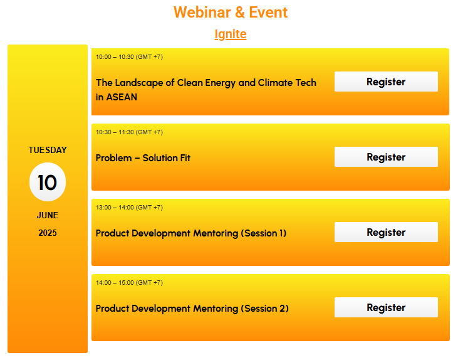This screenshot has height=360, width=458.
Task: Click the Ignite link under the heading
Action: (231, 34)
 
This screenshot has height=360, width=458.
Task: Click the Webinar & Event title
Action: (231, 13)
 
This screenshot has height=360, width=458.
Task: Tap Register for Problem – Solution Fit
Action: (386, 157)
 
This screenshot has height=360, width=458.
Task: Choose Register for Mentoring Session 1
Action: (386, 232)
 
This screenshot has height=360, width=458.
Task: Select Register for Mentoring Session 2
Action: (386, 307)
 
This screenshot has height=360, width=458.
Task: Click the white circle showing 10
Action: (48, 182)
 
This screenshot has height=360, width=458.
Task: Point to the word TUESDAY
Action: (48, 150)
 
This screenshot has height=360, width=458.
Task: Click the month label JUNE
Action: (48, 215)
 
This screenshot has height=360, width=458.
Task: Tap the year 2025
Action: (48, 233)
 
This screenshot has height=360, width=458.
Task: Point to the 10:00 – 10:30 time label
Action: (129, 57)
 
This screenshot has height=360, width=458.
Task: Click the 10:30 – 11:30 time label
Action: (129, 132)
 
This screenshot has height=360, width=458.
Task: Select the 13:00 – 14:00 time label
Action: (129, 208)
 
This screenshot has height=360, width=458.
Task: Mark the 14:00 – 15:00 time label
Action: (129, 283)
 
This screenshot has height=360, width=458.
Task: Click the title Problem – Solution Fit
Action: (143, 158)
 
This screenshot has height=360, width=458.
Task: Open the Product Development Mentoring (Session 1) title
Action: (191, 233)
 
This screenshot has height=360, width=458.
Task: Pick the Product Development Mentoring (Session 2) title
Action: (192, 309)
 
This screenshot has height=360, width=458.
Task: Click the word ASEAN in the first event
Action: (122, 97)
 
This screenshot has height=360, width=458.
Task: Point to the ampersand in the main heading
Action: (240, 13)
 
